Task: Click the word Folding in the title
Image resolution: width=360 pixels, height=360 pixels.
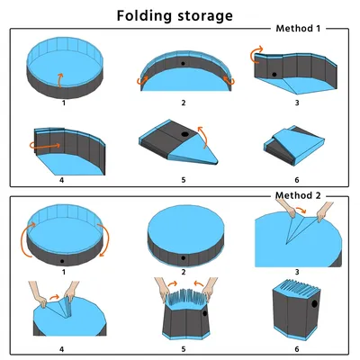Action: click(x=145, y=15)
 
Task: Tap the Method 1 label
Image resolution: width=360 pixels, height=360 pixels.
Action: click(x=298, y=29)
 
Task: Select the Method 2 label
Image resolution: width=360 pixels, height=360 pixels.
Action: click(x=298, y=195)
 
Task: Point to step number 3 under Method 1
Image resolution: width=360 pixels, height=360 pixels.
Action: click(x=297, y=103)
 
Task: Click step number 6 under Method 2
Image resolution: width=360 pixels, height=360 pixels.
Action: click(x=297, y=349)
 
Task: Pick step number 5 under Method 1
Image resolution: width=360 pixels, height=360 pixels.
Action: click(x=184, y=180)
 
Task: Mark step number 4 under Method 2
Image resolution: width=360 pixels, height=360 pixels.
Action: click(x=62, y=349)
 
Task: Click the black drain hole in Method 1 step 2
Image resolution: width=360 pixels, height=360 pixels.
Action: click(x=183, y=64)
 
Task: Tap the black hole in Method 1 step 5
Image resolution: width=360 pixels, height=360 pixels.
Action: click(x=184, y=134)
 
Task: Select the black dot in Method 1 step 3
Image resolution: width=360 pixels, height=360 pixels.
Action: click(x=274, y=75)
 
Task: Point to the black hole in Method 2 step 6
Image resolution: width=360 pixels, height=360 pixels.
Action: click(x=314, y=304)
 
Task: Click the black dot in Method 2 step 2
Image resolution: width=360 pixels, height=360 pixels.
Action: click(x=183, y=257)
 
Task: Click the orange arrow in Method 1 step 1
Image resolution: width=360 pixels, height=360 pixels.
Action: click(x=60, y=80)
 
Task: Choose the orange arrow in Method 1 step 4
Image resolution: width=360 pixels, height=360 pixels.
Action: click(x=45, y=146)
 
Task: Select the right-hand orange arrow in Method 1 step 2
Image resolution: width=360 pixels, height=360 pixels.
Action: click(x=230, y=80)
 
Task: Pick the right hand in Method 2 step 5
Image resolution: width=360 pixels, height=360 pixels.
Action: click(x=209, y=288)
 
